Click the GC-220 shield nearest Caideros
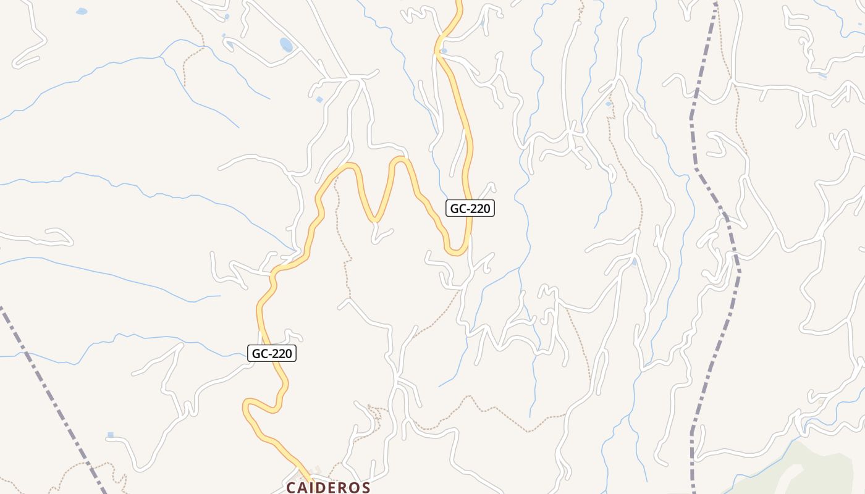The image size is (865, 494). pos(272,353)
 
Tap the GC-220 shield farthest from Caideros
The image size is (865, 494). pos(470,208)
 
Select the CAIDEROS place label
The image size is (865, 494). pos(328,487)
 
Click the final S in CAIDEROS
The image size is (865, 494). pos(365,487)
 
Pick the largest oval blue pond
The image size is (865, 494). pos(286,44)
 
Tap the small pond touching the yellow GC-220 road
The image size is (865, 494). pos(444,51)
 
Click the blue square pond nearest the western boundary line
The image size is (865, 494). pos(111,435)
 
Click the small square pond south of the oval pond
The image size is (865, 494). pos(319,99)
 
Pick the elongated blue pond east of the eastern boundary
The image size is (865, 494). pos(822,76)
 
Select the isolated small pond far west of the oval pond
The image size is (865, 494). pos(82,11)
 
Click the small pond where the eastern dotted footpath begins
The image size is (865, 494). pos(609,104)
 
